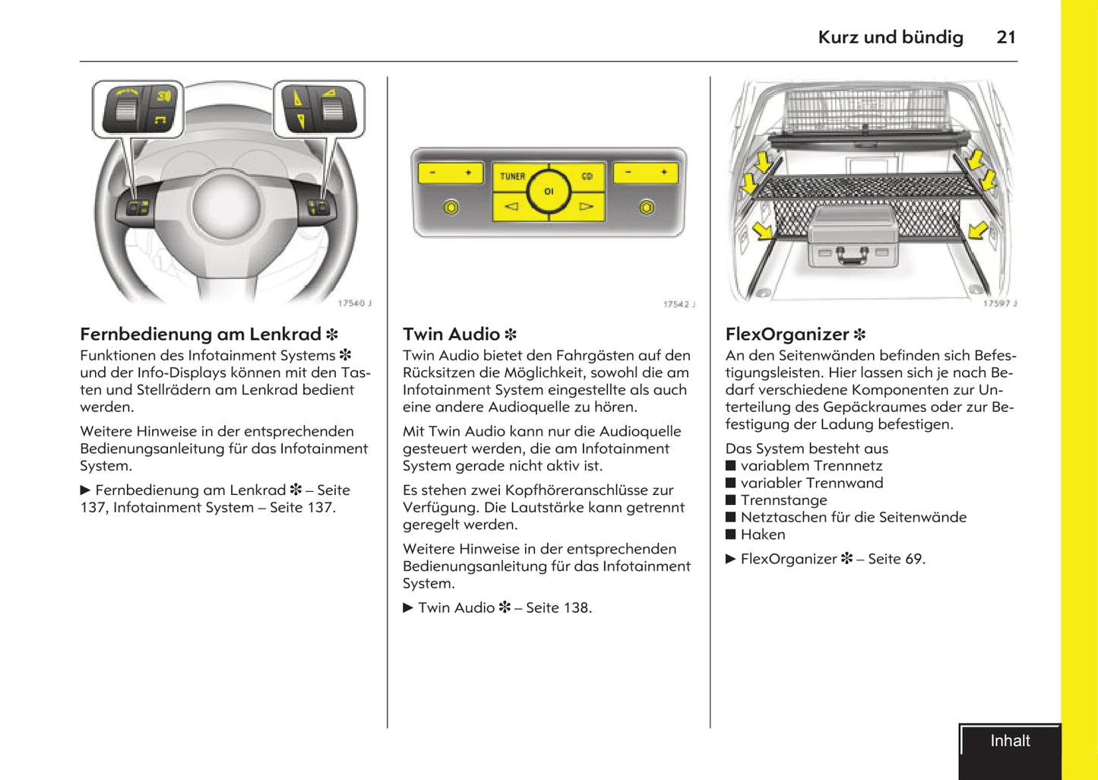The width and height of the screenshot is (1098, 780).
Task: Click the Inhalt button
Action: (x=1010, y=742)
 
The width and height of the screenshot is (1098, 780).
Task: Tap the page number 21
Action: (x=1006, y=37)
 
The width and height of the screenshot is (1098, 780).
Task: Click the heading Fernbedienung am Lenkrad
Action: (x=201, y=335)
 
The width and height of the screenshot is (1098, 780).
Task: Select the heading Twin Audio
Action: (x=451, y=335)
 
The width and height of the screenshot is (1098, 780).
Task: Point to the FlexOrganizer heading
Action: (x=787, y=335)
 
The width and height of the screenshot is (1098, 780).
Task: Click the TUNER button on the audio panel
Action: (x=513, y=176)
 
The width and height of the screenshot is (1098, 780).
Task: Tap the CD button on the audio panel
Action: (x=587, y=176)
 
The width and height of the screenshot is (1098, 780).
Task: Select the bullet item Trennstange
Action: (x=783, y=500)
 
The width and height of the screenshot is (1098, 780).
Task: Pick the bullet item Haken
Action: (x=763, y=534)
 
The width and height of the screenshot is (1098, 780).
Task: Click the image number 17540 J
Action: (x=354, y=303)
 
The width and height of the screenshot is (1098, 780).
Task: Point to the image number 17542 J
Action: (x=679, y=304)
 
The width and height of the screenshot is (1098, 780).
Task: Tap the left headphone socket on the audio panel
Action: (x=451, y=207)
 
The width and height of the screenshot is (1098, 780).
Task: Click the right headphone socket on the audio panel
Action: (x=647, y=207)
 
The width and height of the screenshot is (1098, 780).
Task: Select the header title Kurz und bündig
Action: (x=890, y=37)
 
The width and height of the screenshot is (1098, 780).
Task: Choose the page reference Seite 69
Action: (x=896, y=560)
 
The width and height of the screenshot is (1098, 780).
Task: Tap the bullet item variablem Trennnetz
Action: (x=811, y=466)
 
